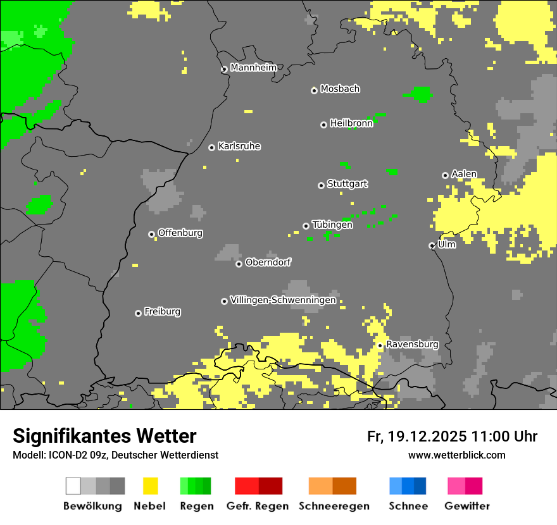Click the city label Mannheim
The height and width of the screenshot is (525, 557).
click(253, 68)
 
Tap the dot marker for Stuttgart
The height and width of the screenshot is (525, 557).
click(321, 185)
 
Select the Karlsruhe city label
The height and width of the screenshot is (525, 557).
click(239, 146)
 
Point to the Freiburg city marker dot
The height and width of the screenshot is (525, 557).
click(138, 313)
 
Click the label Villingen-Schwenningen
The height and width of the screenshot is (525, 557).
click(283, 300)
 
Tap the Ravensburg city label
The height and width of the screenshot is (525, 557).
click(412, 344)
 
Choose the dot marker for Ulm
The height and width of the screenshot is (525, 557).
click(432, 245)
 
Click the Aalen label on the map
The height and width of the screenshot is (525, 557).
click(464, 174)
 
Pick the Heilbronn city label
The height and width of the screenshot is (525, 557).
click(351, 123)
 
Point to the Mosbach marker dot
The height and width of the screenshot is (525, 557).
click(314, 90)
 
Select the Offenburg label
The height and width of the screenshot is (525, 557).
click(180, 233)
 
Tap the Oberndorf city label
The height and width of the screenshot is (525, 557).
click(268, 262)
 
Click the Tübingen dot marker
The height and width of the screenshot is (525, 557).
click(306, 226)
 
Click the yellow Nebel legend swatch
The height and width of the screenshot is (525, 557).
click(150, 486)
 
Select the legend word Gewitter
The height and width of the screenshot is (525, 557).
click(467, 506)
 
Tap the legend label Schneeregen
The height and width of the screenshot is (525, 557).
click(334, 506)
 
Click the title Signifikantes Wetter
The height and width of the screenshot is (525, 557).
click(104, 436)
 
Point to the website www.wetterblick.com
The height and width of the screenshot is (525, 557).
click(456, 455)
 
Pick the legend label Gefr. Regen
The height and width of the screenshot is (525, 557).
click(257, 506)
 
